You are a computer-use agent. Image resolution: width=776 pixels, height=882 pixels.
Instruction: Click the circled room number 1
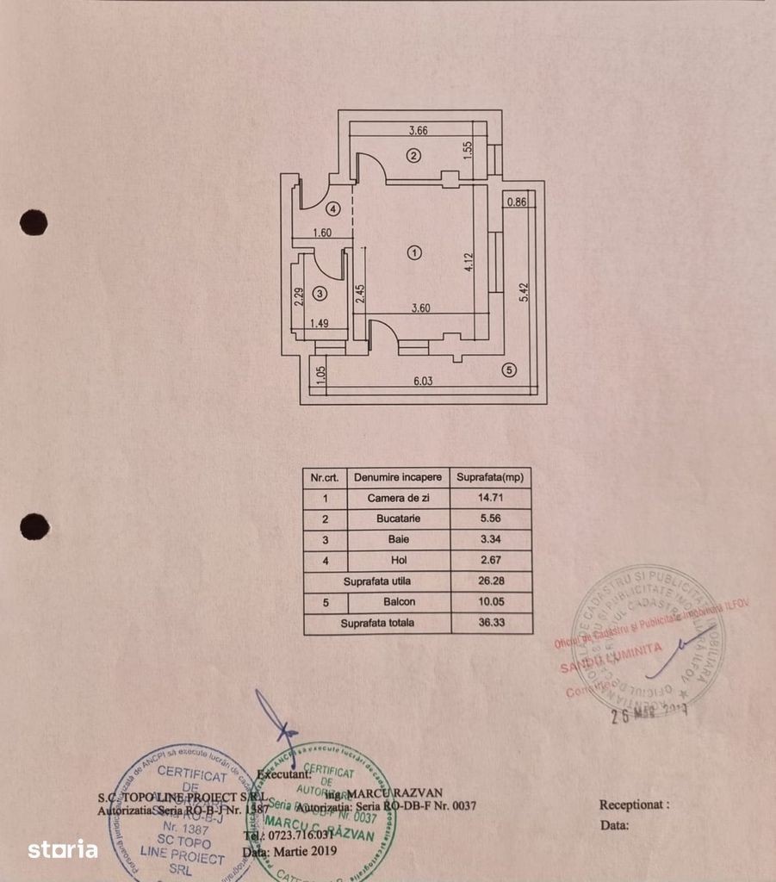pyautogui.click(x=415, y=252)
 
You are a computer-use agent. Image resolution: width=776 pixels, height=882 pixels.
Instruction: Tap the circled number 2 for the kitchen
pyautogui.click(x=413, y=156)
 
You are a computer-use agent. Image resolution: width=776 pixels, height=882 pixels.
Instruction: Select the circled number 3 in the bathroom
pyautogui.click(x=320, y=294)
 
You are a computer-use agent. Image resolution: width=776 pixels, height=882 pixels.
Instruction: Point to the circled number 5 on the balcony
pyautogui.click(x=509, y=370)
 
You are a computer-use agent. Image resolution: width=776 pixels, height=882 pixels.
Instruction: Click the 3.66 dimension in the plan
pyautogui.click(x=418, y=131)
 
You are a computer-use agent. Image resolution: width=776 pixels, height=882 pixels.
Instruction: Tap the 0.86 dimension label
pyautogui.click(x=517, y=202)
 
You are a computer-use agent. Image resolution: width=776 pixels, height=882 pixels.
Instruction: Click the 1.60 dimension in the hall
pyautogui.click(x=323, y=233)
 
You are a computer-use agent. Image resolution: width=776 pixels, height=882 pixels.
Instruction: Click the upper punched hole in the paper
pyautogui.click(x=34, y=222)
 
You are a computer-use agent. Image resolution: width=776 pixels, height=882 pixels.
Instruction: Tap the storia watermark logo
pyautogui.click(x=62, y=849)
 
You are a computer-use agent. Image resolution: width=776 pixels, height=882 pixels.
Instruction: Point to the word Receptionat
pyautogui.click(x=634, y=804)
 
